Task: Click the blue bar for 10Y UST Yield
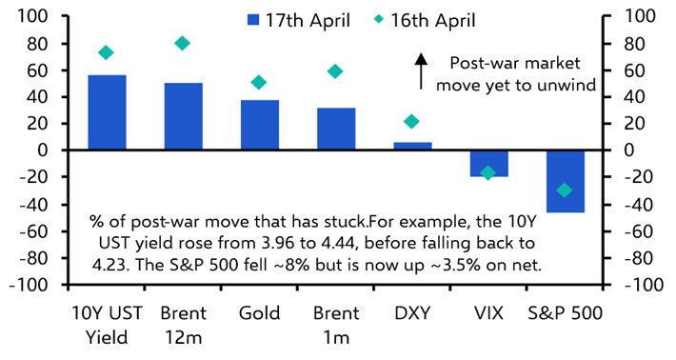pyautogui.click(x=107, y=112)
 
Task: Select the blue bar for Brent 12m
pyautogui.click(x=183, y=116)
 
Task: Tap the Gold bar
pyautogui.click(x=259, y=125)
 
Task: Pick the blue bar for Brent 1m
pyautogui.click(x=336, y=129)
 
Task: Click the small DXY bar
pyautogui.click(x=412, y=146)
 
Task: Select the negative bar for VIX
pyautogui.click(x=488, y=163)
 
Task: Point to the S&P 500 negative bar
pyautogui.click(x=566, y=181)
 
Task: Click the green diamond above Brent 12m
pyautogui.click(x=183, y=43)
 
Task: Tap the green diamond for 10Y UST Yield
pyautogui.click(x=107, y=52)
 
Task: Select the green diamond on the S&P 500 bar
pyautogui.click(x=566, y=190)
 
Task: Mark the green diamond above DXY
pyautogui.click(x=412, y=121)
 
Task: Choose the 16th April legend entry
pyautogui.click(x=434, y=19)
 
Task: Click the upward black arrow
pyautogui.click(x=420, y=72)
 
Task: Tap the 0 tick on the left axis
pyautogui.click(x=44, y=150)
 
